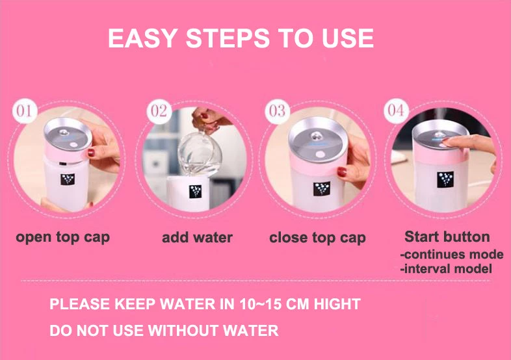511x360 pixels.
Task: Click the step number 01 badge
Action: click(x=25, y=111)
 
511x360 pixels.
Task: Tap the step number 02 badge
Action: click(x=159, y=111)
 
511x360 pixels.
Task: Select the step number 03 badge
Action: click(x=277, y=111)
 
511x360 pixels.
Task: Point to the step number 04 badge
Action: click(x=396, y=110)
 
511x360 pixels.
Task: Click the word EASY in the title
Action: click(x=143, y=38)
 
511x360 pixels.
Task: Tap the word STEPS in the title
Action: click(x=228, y=38)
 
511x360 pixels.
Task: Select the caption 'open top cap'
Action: click(x=63, y=237)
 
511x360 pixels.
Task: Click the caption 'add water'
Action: click(x=197, y=237)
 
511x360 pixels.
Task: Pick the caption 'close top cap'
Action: click(x=317, y=237)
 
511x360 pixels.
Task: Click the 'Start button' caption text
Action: click(x=447, y=237)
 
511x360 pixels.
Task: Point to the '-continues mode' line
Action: click(x=452, y=254)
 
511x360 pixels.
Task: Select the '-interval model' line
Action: click(x=447, y=269)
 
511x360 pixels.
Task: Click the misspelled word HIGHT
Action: click(x=337, y=304)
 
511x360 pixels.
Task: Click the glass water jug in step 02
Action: click(x=200, y=153)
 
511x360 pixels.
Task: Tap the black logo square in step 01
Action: click(x=68, y=179)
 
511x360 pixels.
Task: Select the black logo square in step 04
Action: click(x=445, y=179)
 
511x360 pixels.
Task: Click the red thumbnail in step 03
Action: click(x=341, y=172)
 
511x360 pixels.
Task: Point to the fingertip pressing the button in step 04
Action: click(x=447, y=142)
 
